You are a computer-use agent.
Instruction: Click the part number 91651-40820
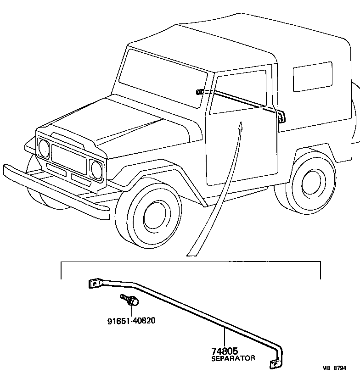click(128, 320)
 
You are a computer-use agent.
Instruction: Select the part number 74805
click(225, 351)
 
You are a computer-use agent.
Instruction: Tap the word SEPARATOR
click(233, 358)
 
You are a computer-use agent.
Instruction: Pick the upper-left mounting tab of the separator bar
click(94, 284)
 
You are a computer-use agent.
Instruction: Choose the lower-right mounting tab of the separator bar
click(275, 364)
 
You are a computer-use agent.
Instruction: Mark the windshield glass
click(163, 78)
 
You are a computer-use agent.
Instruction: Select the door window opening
click(239, 92)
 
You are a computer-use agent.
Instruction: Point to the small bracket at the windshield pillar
click(200, 92)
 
